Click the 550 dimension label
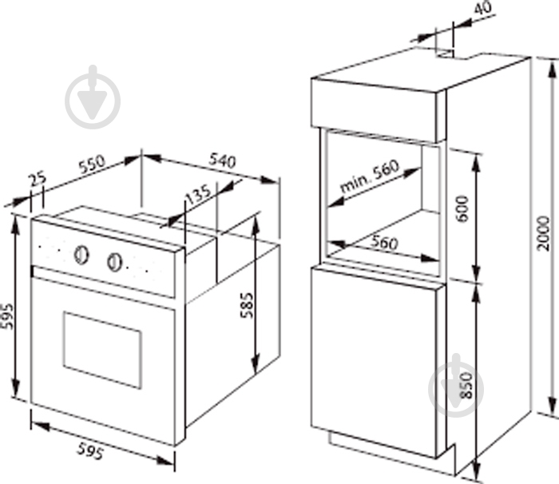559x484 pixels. tap(93, 165)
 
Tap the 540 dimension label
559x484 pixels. tap(223, 161)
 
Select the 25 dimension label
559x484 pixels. tap(38, 180)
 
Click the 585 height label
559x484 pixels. tap(246, 305)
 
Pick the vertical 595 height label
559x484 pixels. tap(6, 316)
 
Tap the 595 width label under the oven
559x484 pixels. tap(91, 450)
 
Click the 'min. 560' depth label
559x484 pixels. tap(369, 177)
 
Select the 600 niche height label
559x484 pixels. tap(462, 208)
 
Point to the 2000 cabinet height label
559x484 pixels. tap(544, 233)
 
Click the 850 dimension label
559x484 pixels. tap(466, 386)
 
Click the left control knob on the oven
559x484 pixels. tap(81, 255)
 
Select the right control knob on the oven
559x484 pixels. tap(114, 262)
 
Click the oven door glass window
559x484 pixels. tap(103, 350)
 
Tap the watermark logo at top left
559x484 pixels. tap(93, 97)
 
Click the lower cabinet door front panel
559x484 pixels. tap(374, 362)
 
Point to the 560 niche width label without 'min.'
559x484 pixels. tap(383, 243)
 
